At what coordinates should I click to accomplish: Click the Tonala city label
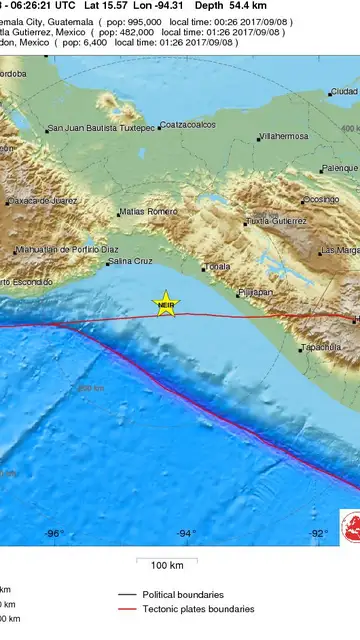(x=217, y=267)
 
